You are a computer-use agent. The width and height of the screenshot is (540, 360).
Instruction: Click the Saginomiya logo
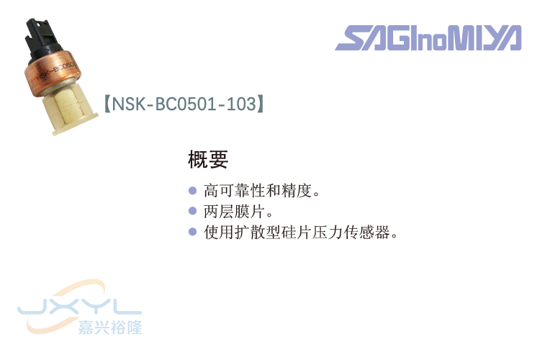click(428, 38)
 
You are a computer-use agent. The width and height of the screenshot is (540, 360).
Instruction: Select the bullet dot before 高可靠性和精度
click(192, 192)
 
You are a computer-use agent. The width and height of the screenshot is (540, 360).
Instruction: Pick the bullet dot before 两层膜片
click(192, 212)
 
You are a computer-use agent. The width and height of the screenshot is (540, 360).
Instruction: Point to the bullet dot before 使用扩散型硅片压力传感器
click(192, 232)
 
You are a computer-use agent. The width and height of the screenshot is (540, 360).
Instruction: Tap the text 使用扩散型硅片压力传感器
click(300, 233)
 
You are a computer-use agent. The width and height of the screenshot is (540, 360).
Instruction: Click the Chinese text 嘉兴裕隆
click(110, 327)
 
